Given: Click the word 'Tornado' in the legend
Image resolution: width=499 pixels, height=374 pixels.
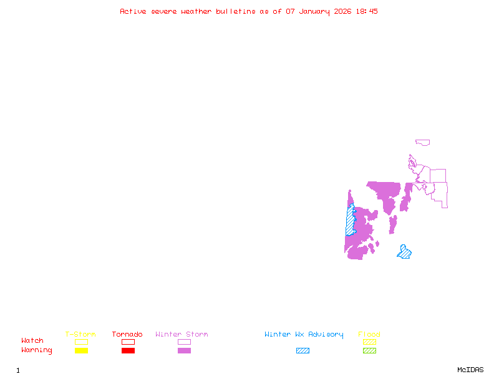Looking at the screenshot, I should [x=127, y=335].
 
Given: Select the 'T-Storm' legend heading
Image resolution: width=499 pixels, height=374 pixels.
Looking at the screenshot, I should [x=80, y=335].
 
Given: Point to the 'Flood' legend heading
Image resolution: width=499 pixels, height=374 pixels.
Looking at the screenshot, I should [x=369, y=335].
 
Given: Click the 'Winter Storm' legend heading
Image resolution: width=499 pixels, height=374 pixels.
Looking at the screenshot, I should [x=182, y=335].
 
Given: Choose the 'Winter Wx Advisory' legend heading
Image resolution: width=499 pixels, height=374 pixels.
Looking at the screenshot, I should [x=304, y=335].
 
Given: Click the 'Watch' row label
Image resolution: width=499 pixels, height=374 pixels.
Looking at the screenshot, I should [x=32, y=341].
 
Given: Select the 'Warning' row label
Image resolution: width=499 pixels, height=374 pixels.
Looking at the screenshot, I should [x=37, y=350].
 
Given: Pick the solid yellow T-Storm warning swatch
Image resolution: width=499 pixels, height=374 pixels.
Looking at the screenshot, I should [x=81, y=351].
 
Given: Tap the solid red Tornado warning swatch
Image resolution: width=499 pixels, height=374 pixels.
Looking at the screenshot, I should [x=128, y=351].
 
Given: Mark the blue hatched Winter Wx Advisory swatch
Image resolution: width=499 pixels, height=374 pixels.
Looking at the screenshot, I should [x=303, y=351].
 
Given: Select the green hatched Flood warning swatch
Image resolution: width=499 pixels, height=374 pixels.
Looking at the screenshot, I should [x=369, y=351].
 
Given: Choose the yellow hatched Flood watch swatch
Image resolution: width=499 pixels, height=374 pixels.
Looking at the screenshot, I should [x=369, y=342].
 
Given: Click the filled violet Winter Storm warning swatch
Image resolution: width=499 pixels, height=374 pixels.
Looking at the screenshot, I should [x=184, y=351].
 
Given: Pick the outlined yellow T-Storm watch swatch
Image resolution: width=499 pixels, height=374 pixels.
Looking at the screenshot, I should [x=81, y=342].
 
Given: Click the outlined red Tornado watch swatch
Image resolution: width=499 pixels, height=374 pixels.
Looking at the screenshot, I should [x=128, y=342].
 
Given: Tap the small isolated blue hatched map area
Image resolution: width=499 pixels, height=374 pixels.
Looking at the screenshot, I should [x=404, y=252].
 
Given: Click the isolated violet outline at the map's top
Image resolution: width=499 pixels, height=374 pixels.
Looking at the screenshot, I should [x=423, y=143].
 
